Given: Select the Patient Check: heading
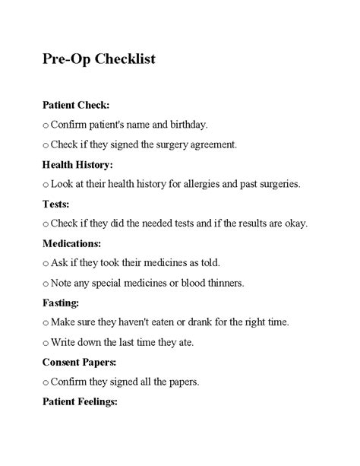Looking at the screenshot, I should coord(76,104).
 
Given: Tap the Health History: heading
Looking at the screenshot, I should coord(77,163).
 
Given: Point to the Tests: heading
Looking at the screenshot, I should coord(56,204).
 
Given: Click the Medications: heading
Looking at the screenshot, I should coord(71,243).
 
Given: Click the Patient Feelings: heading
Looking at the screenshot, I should coord(80,401).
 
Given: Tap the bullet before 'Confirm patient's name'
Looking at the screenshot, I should coord(46,125).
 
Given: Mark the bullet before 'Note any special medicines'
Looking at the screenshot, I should coord(46,284).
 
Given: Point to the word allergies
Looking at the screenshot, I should coord(191,183).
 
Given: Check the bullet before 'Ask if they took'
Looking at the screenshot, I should coord(46,264).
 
